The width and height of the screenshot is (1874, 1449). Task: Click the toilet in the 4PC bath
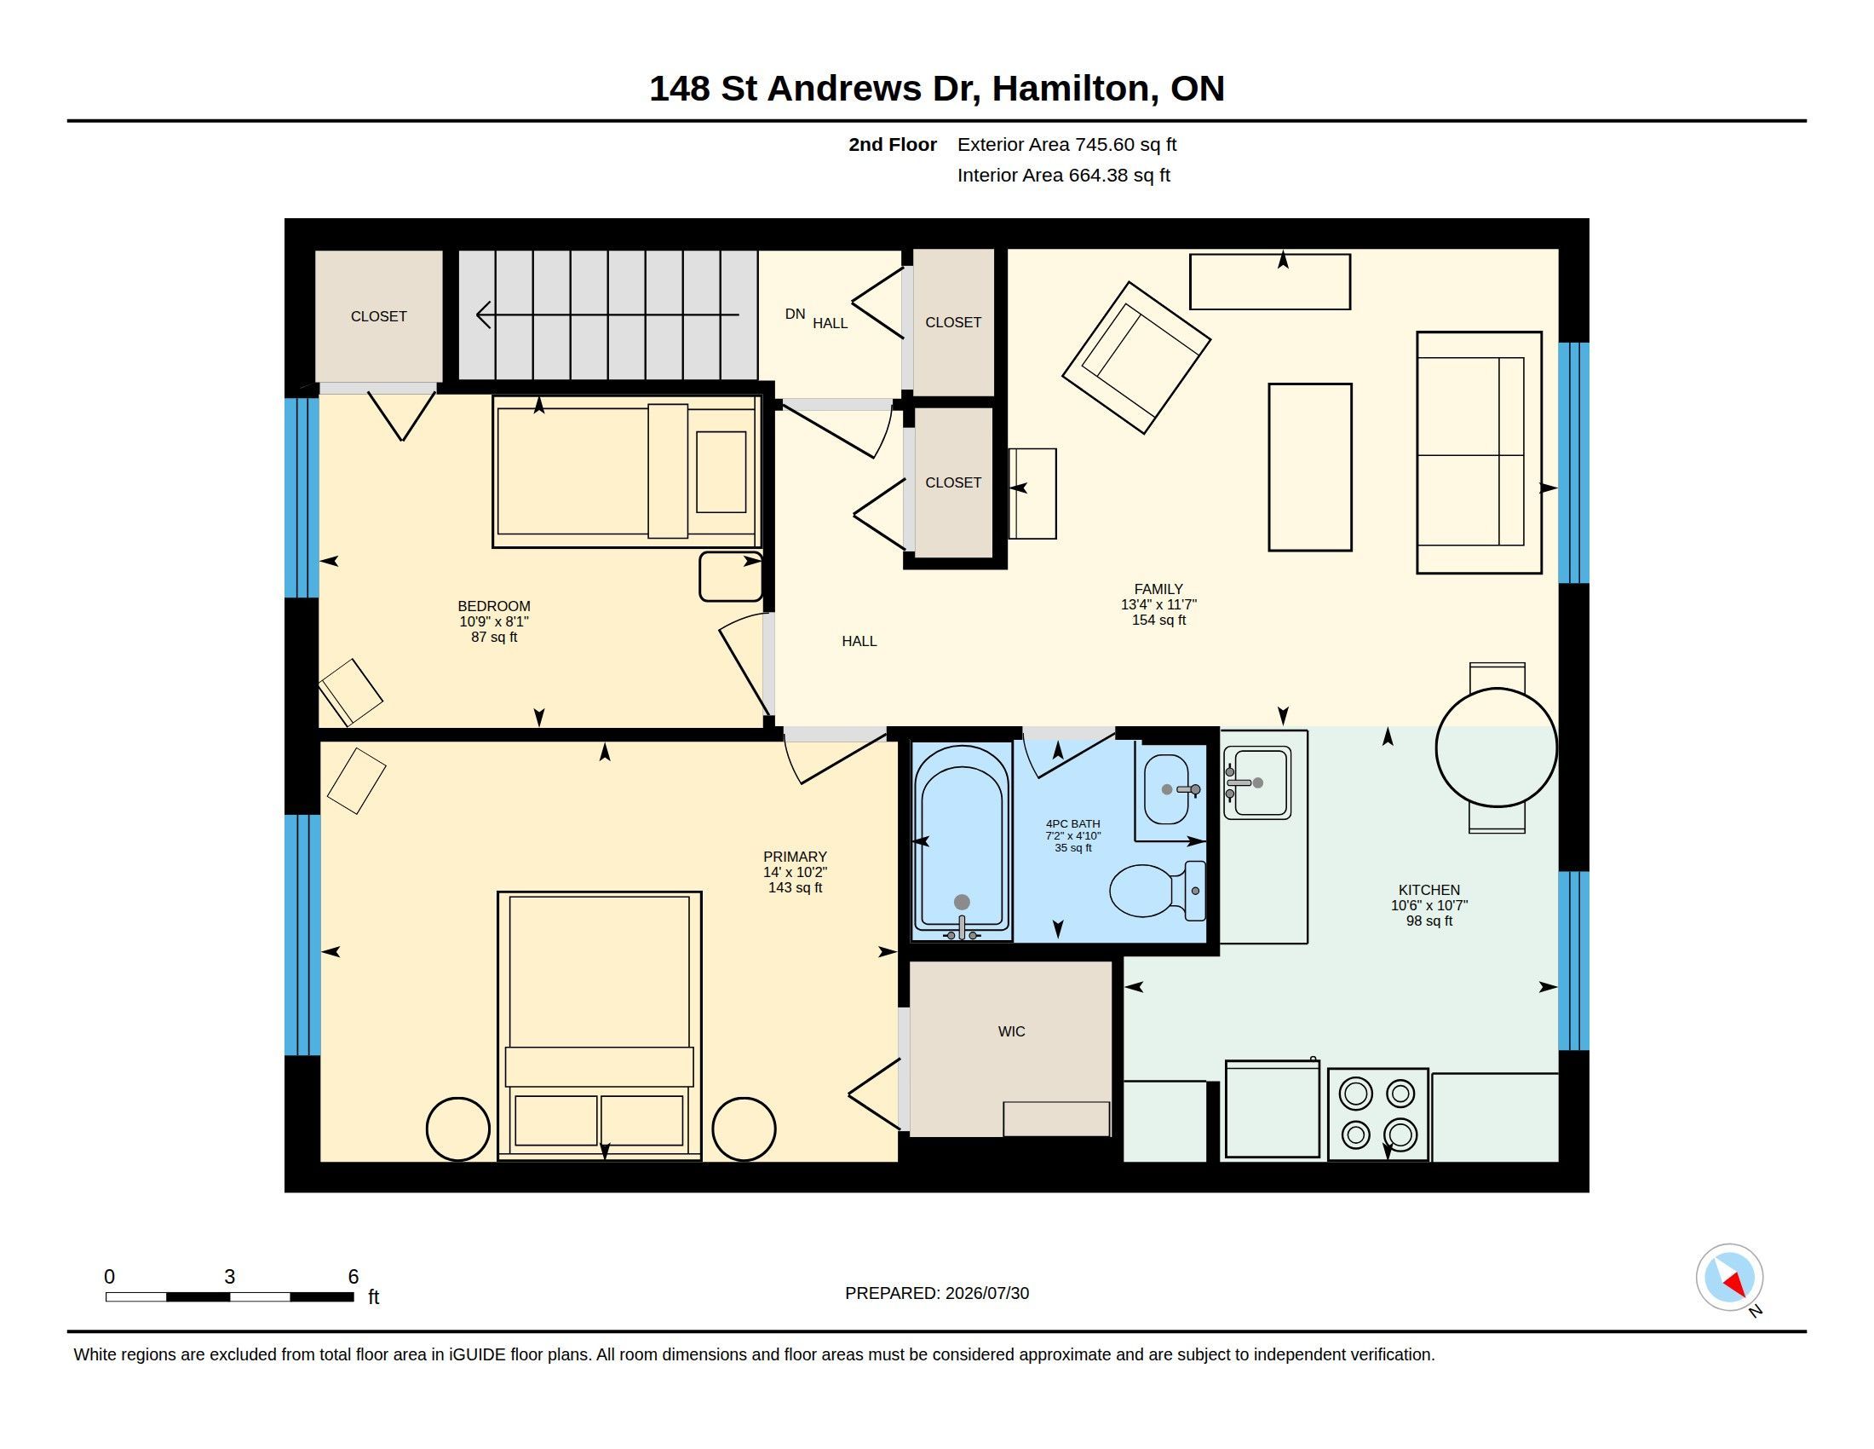pyautogui.click(x=1157, y=890)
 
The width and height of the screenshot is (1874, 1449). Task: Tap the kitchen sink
pyautogui.click(x=1257, y=782)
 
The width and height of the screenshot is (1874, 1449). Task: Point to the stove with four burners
pyautogui.click(x=1378, y=1114)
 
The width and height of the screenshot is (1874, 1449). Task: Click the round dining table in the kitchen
pyautogui.click(x=1497, y=747)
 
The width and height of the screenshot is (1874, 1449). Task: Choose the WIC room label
pyautogui.click(x=1012, y=1031)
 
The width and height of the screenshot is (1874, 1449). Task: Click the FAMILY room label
pyautogui.click(x=1158, y=589)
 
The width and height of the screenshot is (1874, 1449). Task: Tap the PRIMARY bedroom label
pyautogui.click(x=795, y=857)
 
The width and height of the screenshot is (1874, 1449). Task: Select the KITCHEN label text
pyautogui.click(x=1428, y=890)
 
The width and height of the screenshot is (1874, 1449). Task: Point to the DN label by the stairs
pyautogui.click(x=795, y=315)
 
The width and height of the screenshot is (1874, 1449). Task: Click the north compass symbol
pyautogui.click(x=1729, y=1278)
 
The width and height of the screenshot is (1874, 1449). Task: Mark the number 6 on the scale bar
pyautogui.click(x=353, y=1277)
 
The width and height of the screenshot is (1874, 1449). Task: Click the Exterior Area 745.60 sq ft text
pyautogui.click(x=1066, y=144)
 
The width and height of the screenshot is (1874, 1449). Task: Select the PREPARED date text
pyautogui.click(x=937, y=1293)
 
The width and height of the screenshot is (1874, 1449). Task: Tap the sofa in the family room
pyautogui.click(x=1479, y=453)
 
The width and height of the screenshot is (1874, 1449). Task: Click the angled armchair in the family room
pyautogui.click(x=1136, y=358)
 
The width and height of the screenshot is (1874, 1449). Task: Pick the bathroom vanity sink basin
pyautogui.click(x=1168, y=789)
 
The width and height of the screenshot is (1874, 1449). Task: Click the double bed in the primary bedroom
pyautogui.click(x=599, y=1025)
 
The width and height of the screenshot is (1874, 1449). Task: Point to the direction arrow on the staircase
pyautogui.click(x=607, y=315)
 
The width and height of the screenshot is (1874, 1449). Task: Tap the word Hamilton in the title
pyautogui.click(x=1072, y=89)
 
